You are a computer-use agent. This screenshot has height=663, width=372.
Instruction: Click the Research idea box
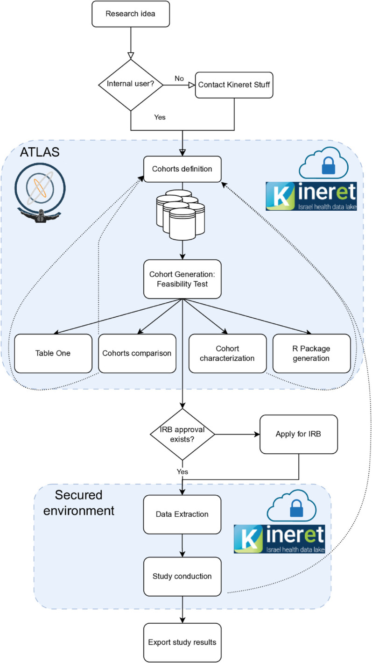[x=131, y=14]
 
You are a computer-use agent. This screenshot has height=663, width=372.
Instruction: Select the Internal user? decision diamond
[x=131, y=85]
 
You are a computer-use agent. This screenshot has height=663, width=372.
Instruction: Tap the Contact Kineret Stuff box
[x=234, y=85]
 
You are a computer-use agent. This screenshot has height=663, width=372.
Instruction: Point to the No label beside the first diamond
[x=179, y=78]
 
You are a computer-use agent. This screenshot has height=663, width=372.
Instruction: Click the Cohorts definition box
[x=182, y=169]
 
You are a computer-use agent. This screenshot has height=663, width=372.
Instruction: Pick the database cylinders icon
[x=181, y=214]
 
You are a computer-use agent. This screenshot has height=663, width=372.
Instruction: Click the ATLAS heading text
[x=40, y=152]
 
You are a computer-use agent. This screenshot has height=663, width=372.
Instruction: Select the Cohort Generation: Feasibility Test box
[x=182, y=279]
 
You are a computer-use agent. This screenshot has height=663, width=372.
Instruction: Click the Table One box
[x=53, y=353]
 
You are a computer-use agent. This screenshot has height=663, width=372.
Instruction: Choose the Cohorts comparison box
[x=137, y=353]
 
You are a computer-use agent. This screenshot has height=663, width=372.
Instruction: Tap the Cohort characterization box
[x=227, y=353]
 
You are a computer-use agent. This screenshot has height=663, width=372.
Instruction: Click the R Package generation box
[x=311, y=353]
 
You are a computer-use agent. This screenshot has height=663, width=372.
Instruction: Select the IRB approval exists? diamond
[x=182, y=435]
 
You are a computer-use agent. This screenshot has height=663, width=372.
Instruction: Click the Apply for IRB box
[x=299, y=434]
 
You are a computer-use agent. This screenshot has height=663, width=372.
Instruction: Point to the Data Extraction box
[x=182, y=514]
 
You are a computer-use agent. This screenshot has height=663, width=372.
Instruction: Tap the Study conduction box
[x=182, y=577]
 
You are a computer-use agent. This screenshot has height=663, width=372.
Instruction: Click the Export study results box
[x=182, y=642]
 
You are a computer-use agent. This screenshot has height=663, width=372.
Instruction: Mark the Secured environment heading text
[x=79, y=503]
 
